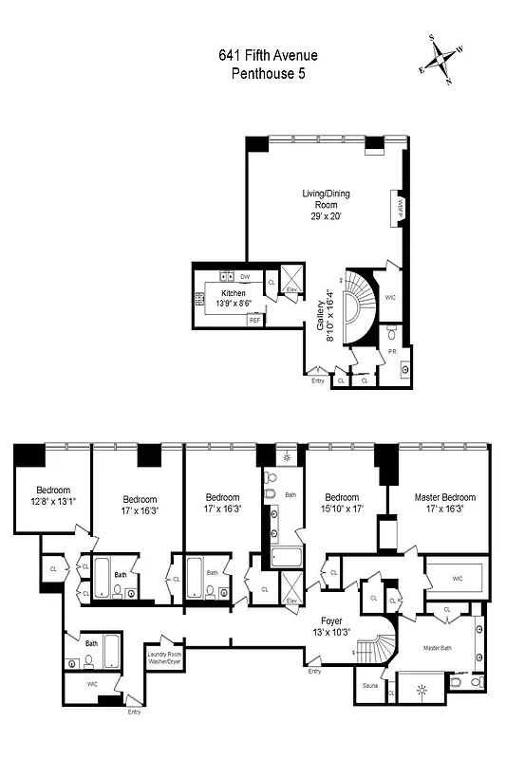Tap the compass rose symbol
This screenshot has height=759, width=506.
click(x=443, y=61)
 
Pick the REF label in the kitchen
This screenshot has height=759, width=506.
click(x=254, y=321)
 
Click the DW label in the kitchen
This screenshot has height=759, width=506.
click(x=245, y=277)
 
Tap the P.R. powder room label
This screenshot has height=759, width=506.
click(x=391, y=352)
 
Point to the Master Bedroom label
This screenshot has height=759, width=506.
click(x=444, y=497)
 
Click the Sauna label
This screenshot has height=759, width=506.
click(x=371, y=684)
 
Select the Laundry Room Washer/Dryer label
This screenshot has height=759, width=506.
click(x=163, y=657)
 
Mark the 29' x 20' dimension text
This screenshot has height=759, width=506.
click(x=326, y=216)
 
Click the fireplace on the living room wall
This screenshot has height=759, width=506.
click(x=401, y=208)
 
